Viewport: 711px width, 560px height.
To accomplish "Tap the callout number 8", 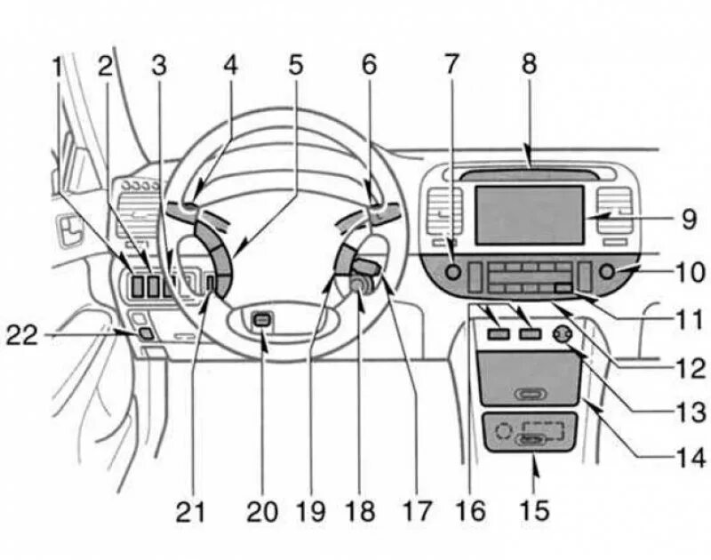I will point(529,65).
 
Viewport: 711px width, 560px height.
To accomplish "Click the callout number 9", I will point(688,218).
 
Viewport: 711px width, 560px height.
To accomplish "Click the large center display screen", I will point(528,214).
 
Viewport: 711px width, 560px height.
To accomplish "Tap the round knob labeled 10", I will point(608,272).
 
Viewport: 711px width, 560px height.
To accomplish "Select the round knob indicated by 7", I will point(453,274).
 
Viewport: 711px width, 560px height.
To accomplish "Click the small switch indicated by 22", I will point(144,334).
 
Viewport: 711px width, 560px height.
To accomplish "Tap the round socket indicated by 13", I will point(562,334).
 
